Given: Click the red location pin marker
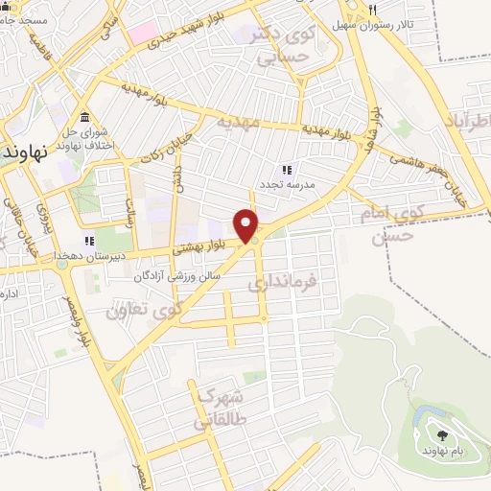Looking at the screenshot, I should click(x=247, y=224).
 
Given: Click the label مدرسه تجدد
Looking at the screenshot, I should click(x=285, y=182).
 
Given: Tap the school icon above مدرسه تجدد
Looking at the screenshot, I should click(x=285, y=168).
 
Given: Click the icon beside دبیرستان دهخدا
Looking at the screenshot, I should click(x=88, y=241).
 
